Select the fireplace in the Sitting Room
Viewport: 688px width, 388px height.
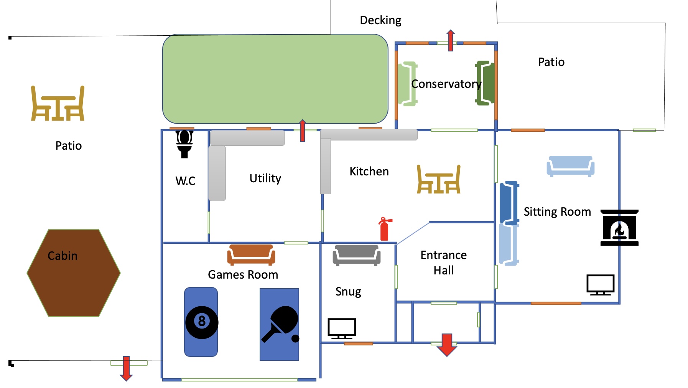tap(619, 228)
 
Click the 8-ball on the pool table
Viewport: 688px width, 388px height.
tap(202, 322)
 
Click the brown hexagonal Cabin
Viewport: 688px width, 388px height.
tap(74, 273)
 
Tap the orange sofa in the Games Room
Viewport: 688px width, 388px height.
tap(251, 254)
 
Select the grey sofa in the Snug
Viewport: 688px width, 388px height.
tap(356, 255)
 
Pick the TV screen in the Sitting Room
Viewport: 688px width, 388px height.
tap(600, 284)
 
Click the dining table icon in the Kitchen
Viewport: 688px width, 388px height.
tap(439, 179)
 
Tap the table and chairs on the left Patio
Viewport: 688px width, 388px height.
tap(58, 104)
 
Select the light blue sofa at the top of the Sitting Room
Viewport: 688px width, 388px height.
tap(570, 166)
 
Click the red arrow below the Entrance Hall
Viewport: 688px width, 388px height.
tap(447, 345)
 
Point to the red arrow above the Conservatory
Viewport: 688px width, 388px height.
tap(451, 40)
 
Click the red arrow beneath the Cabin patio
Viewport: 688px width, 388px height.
tap(126, 368)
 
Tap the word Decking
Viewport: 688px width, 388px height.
tap(380, 20)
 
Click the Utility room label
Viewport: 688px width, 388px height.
tap(265, 178)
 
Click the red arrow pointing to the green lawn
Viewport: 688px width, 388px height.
tap(303, 130)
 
